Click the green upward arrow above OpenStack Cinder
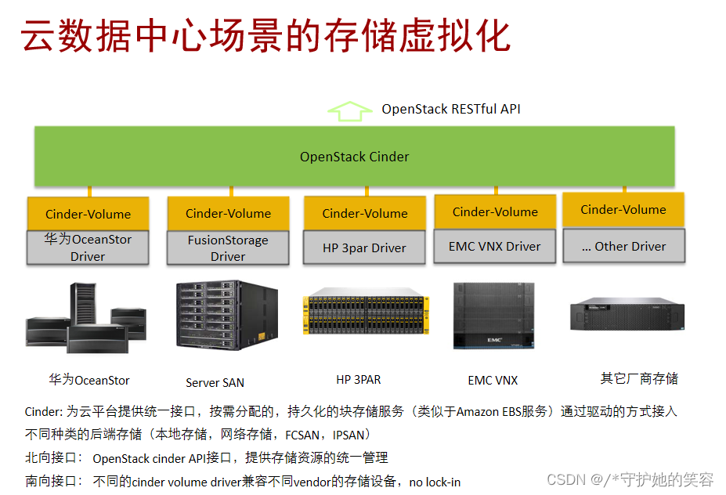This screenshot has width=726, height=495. click(x=349, y=111)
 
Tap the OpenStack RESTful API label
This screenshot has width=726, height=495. click(x=450, y=109)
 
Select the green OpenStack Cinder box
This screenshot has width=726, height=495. click(x=354, y=157)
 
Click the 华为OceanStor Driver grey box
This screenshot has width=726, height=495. click(x=88, y=247)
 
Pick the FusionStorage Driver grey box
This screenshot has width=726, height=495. click(x=228, y=248)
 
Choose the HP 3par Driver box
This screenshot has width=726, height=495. click(x=364, y=247)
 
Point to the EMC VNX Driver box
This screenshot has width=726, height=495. click(x=494, y=246)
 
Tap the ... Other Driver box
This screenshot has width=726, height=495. click(x=623, y=246)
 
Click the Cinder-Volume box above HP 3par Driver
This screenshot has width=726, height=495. click(x=364, y=213)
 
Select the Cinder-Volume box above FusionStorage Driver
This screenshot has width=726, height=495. click(x=228, y=213)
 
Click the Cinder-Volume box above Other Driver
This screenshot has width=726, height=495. click(x=623, y=210)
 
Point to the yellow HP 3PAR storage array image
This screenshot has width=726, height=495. click(x=365, y=321)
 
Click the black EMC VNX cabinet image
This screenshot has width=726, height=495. click(x=493, y=316)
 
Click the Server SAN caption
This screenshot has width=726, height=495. click(x=215, y=383)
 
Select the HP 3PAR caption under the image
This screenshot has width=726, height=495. click(x=359, y=380)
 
